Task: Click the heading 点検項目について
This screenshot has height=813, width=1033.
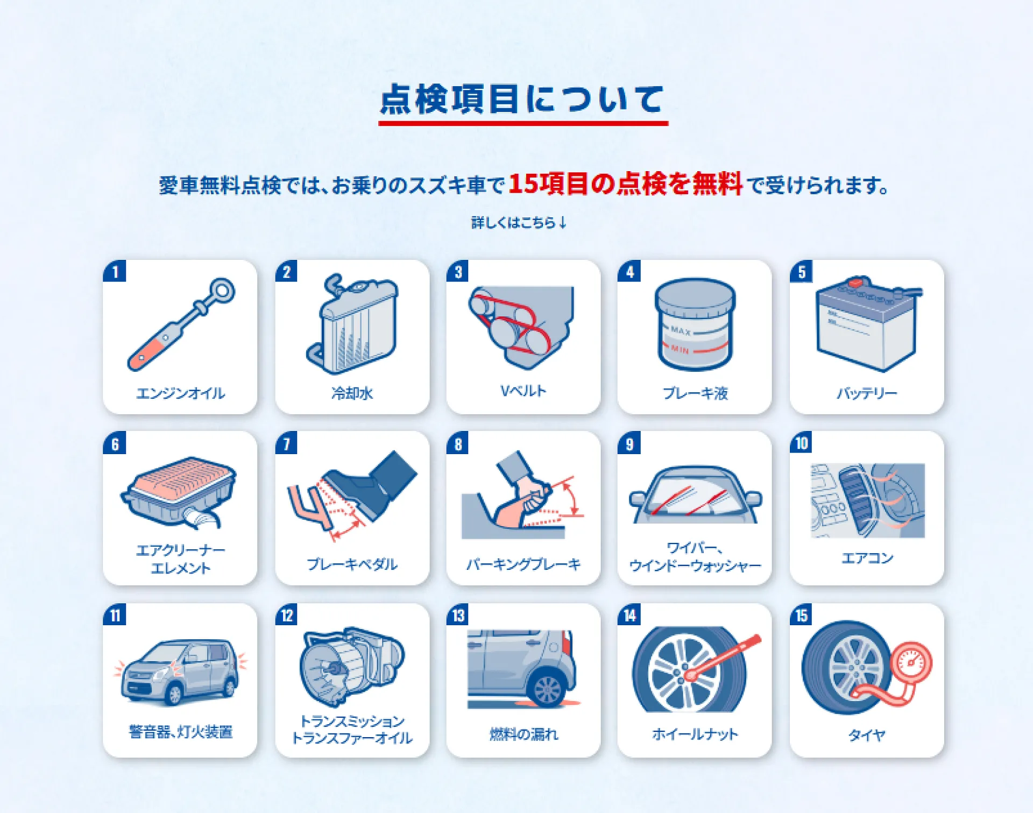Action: [522, 100]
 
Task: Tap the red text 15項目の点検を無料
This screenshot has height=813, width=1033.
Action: [626, 184]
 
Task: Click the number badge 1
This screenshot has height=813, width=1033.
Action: [115, 271]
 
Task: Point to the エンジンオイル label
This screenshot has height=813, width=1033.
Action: [180, 393]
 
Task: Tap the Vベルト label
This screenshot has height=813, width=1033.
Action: [523, 391]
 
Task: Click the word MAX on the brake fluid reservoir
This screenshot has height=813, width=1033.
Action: [681, 330]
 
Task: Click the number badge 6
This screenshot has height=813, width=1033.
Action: [115, 443]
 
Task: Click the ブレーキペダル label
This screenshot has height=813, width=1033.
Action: [352, 564]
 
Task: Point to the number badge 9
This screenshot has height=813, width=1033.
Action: [629, 443]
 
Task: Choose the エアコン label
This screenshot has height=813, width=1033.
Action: [867, 558]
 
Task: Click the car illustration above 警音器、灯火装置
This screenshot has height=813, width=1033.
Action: [179, 672]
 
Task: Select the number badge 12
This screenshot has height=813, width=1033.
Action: [287, 614]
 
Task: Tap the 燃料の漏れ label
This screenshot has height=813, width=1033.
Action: [523, 734]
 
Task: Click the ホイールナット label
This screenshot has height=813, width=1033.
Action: [695, 734]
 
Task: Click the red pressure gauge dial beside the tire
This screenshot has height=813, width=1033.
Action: [911, 663]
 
